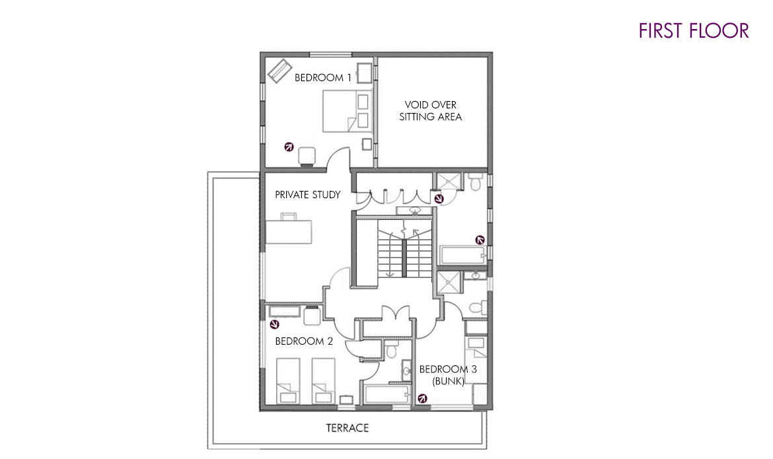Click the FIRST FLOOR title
(x=693, y=30)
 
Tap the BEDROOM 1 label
(x=323, y=77)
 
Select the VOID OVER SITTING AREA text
(x=430, y=111)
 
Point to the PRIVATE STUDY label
(x=308, y=195)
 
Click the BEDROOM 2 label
(x=304, y=341)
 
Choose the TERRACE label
(x=348, y=428)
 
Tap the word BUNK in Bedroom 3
(x=448, y=381)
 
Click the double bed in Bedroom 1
(x=348, y=111)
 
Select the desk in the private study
(x=289, y=229)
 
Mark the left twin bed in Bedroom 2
(x=287, y=381)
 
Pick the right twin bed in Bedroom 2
(x=323, y=381)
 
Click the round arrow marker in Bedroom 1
(x=289, y=147)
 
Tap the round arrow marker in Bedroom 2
(x=275, y=324)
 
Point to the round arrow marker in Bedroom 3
(x=422, y=398)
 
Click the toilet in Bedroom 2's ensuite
(x=391, y=351)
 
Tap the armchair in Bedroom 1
(x=307, y=157)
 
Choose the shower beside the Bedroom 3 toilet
(x=449, y=283)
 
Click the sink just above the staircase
(x=415, y=211)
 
